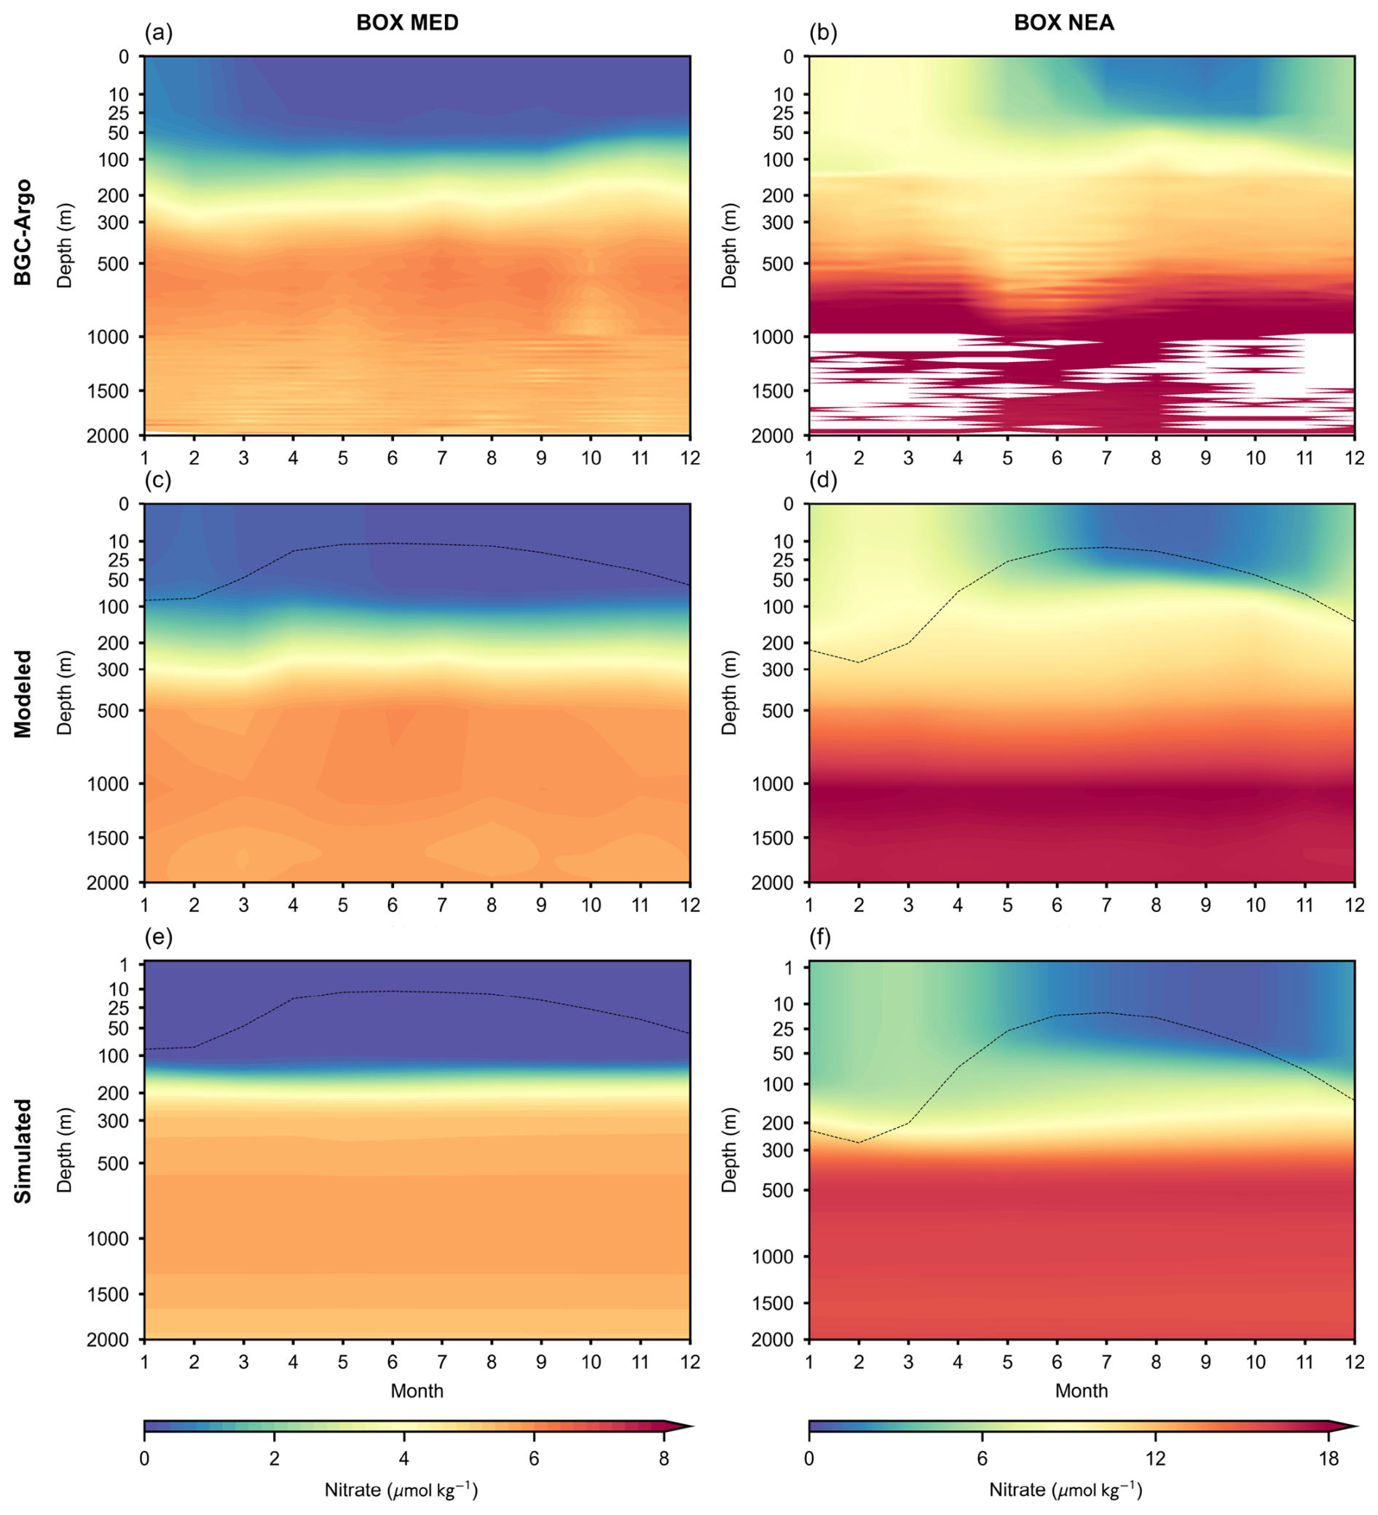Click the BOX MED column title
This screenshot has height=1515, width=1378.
(407, 23)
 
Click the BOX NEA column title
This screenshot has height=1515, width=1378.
(1063, 23)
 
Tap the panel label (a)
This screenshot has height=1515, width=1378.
(159, 33)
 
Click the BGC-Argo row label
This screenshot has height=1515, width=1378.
(23, 232)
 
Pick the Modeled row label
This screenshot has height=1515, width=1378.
(23, 693)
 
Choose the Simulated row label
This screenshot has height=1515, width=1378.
(23, 1151)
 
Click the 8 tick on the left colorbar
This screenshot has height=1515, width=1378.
(664, 1460)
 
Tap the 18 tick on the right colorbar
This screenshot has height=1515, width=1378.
(1328, 1460)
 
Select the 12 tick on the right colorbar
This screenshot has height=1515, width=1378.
(1156, 1460)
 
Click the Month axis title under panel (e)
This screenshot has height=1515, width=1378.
(417, 1391)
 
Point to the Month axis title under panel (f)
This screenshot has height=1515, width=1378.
(1082, 1391)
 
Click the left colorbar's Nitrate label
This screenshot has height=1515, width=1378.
(401, 1490)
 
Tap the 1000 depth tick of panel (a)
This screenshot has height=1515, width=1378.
(109, 337)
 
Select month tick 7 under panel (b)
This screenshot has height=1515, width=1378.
(1106, 458)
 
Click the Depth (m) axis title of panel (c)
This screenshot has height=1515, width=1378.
(65, 693)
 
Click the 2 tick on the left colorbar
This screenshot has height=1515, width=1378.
(275, 1460)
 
